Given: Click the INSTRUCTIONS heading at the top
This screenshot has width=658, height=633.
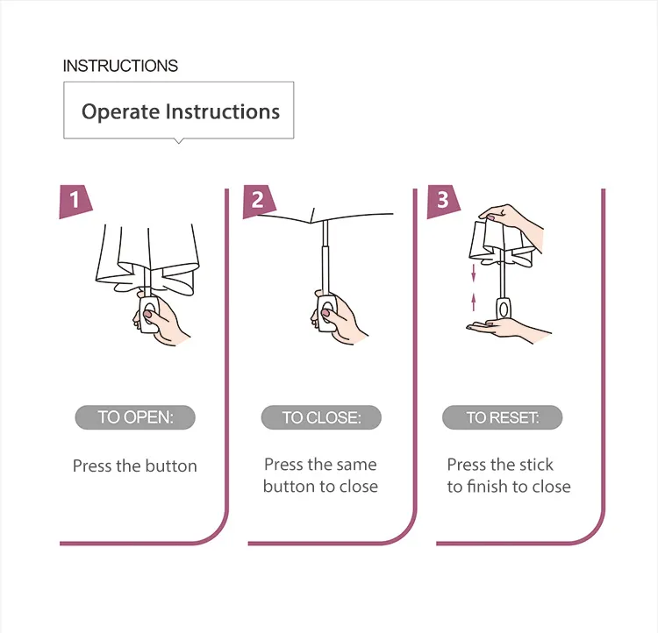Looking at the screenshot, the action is [120, 66].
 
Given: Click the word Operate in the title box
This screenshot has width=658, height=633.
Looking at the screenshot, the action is [121, 112].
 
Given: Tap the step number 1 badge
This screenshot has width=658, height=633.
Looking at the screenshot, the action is [75, 201].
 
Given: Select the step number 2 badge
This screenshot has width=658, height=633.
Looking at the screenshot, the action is [259, 201].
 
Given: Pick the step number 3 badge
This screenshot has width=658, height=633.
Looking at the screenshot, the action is [443, 201].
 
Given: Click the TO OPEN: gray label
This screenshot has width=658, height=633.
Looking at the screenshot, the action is [135, 417].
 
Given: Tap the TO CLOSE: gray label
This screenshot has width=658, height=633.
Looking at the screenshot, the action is [321, 417].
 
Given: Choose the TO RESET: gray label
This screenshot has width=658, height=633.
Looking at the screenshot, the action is [503, 417].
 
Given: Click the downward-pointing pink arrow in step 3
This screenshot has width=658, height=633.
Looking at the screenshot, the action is [474, 273].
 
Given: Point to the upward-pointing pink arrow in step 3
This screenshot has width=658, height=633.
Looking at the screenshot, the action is [474, 302].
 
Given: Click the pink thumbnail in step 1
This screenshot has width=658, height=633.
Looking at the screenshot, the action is [148, 314].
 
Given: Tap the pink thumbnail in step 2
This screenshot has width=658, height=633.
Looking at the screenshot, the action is [326, 313].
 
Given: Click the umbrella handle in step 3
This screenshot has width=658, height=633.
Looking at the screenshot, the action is [504, 309].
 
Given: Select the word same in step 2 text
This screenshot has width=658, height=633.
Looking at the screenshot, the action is [357, 465].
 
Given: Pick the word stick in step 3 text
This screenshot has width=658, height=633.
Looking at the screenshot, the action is [536, 465].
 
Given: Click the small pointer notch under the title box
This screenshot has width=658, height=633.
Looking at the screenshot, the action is [179, 141].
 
